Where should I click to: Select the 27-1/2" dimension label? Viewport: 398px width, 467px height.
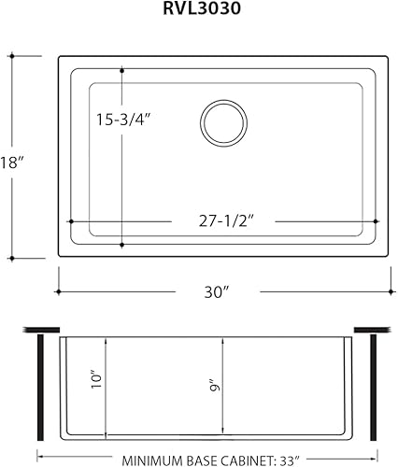pyautogui.click(x=222, y=221)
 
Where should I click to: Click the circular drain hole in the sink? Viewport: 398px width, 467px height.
pyautogui.click(x=223, y=122)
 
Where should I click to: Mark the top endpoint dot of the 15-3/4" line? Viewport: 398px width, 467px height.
pyautogui.click(x=122, y=70)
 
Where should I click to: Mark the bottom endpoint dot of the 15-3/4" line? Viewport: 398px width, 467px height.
pyautogui.click(x=122, y=245)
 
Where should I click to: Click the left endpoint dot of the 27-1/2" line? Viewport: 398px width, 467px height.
pyautogui.click(x=72, y=221)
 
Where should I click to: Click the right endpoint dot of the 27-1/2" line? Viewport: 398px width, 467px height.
pyautogui.click(x=375, y=221)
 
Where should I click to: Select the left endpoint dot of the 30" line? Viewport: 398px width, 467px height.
pyautogui.click(x=58, y=292)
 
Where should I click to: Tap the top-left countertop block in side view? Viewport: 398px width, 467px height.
pyautogui.click(x=38, y=330)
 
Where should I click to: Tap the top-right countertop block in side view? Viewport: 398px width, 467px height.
pyautogui.click(x=371, y=330)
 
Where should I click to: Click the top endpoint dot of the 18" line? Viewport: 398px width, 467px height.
pyautogui.click(x=13, y=56)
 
